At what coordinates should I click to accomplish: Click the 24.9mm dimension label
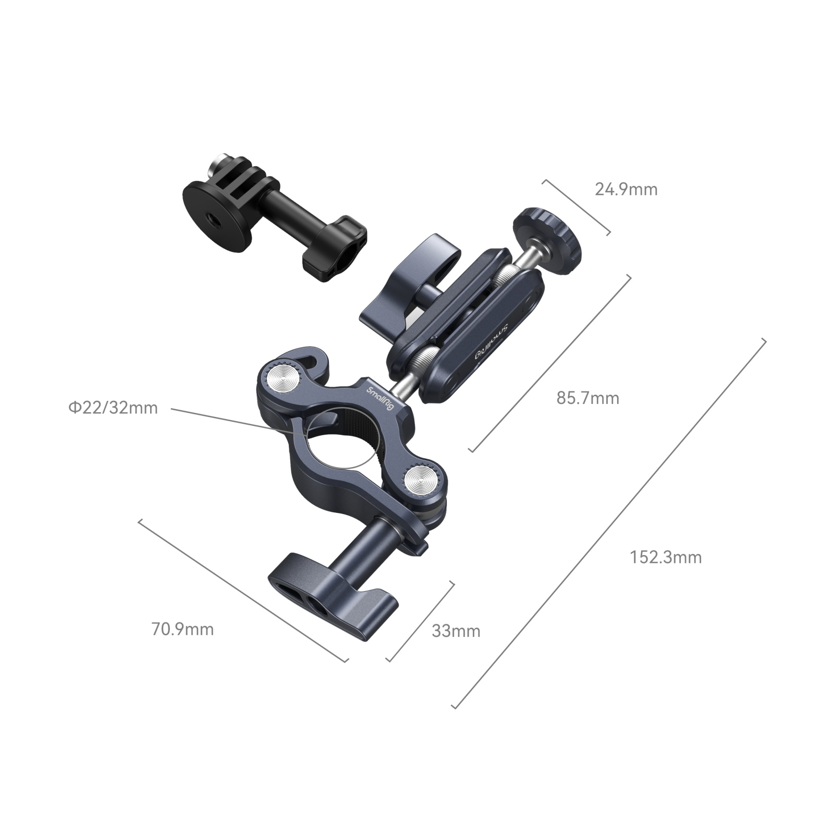(626, 189)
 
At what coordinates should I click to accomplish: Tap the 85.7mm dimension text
(588, 398)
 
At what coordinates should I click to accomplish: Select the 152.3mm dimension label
(666, 557)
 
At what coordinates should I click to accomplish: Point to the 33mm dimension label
(456, 631)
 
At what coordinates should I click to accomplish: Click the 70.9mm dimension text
(182, 629)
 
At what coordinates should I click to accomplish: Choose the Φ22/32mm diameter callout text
(113, 408)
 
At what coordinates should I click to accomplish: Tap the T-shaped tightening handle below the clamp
(334, 599)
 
